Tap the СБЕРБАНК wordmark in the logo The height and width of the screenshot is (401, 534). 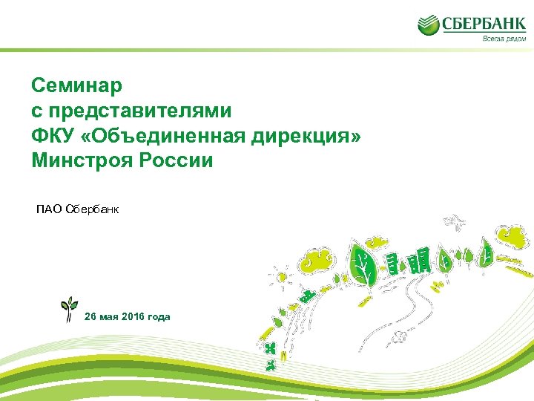pyautogui.click(x=484, y=24)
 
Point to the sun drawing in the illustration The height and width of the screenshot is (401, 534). pyautogui.click(x=280, y=276)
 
